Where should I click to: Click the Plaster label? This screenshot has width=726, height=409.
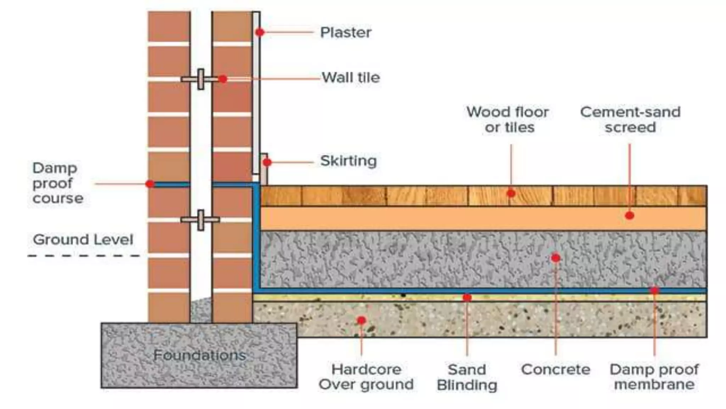click(346, 33)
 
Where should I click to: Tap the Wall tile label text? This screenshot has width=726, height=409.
click(351, 77)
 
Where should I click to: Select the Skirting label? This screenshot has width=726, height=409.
click(348, 161)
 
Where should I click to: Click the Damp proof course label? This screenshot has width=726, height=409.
click(57, 183)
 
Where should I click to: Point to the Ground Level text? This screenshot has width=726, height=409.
click(83, 240)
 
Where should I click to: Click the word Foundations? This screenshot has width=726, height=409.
click(200, 355)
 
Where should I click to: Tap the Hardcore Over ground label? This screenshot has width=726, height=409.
click(366, 377)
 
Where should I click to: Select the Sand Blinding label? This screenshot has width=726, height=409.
click(467, 377)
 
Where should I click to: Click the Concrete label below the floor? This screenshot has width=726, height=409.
click(555, 370)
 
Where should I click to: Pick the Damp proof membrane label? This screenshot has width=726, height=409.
click(654, 377)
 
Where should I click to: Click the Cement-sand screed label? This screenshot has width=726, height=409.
click(630, 120)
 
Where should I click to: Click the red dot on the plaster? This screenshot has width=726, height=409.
click(260, 32)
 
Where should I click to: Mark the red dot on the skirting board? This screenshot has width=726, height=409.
click(267, 162)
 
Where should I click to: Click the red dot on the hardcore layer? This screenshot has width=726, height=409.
click(361, 321)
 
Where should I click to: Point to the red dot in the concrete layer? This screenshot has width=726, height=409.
click(555, 258)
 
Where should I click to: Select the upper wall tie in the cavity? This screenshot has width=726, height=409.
click(201, 79)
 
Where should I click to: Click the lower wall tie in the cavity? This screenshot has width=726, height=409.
click(201, 220)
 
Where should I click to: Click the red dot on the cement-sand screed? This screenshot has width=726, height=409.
click(630, 215)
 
